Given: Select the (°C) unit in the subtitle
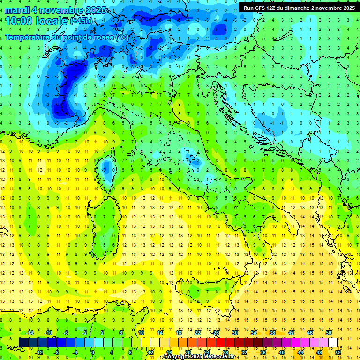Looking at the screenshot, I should [x=122, y=37].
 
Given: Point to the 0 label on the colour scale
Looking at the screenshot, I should [x=93, y=352].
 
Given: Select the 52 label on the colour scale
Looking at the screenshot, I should [x=338, y=352].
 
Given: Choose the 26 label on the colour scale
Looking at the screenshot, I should [x=216, y=333].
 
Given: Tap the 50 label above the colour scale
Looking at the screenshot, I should [x=329, y=333].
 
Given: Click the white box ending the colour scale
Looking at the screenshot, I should [x=333, y=342].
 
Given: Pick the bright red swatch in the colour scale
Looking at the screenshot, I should [x=221, y=342].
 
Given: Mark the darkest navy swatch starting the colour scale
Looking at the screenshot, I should [x=23, y=342].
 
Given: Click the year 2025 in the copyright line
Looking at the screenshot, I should [x=195, y=357].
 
